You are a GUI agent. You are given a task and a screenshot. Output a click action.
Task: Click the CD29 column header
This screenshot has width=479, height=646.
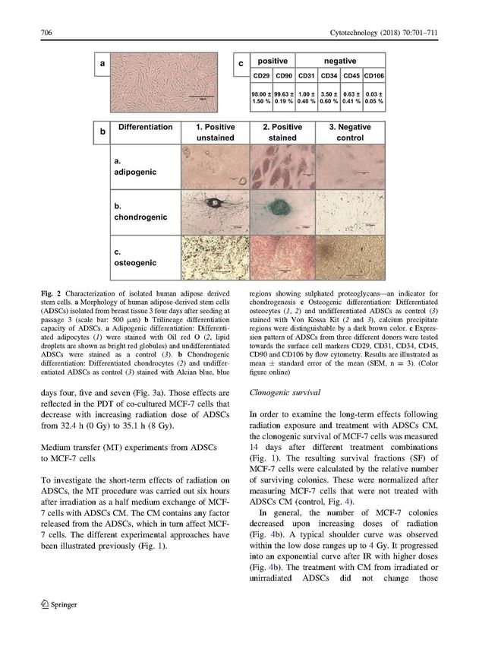click(x=260, y=75)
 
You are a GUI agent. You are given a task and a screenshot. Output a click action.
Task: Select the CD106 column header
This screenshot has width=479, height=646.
click(x=374, y=75)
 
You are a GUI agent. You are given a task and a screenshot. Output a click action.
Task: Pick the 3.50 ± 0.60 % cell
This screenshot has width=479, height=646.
click(x=329, y=97)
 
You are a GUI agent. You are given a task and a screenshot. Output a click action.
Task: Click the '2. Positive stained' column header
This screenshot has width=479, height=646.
click(x=282, y=132)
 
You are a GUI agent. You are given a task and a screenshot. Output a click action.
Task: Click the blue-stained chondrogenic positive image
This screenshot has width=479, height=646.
click(x=282, y=212)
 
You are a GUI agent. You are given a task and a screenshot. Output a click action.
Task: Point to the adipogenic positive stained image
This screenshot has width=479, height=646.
click(x=282, y=167)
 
